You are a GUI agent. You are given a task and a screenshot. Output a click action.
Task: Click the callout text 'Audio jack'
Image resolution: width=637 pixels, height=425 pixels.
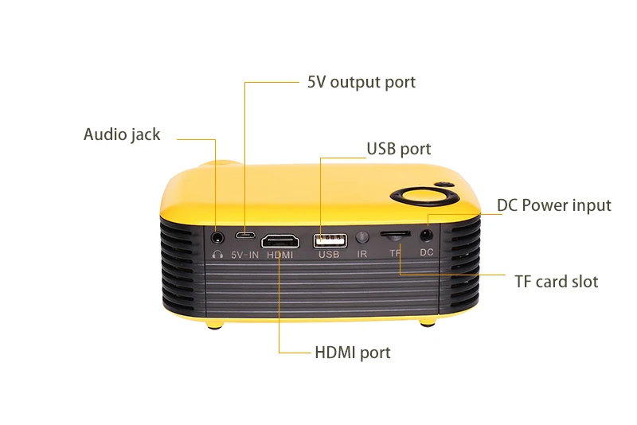[x=122, y=135]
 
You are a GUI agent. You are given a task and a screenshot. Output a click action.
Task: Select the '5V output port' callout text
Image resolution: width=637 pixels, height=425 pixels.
[x=361, y=82]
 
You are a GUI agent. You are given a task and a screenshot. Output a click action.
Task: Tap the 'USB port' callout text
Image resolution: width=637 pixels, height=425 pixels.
[x=398, y=149]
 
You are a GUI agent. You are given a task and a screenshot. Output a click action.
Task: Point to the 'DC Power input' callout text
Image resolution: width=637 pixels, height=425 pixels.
[x=554, y=205]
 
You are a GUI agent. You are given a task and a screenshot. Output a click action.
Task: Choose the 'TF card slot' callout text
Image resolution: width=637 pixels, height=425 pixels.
[x=557, y=282]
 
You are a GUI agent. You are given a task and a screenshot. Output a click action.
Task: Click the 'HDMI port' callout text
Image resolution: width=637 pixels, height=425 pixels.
[x=352, y=352]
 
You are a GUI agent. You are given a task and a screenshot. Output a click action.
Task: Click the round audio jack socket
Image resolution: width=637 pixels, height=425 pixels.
[x=217, y=236]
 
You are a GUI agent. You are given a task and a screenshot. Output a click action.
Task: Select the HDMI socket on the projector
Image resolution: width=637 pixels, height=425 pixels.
[x=280, y=239]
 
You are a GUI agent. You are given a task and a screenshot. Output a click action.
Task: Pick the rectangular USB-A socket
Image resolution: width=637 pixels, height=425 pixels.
[x=329, y=239]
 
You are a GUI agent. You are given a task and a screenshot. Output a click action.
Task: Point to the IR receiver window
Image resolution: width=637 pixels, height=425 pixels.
[x=362, y=237]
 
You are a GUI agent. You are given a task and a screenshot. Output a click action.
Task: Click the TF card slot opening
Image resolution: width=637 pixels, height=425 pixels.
[x=395, y=236]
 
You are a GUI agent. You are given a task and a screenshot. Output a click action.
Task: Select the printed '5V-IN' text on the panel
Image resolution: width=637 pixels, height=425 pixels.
[x=245, y=255]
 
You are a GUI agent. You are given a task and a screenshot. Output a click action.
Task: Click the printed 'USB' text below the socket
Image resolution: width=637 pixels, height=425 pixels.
[x=329, y=255]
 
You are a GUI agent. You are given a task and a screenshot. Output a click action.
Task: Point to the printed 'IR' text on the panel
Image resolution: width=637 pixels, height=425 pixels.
[x=362, y=255]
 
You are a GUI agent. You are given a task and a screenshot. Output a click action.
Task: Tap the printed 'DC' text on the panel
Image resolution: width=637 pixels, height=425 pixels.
[x=427, y=252]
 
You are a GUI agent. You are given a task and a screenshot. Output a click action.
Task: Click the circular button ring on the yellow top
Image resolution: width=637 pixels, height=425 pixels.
[x=423, y=197]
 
